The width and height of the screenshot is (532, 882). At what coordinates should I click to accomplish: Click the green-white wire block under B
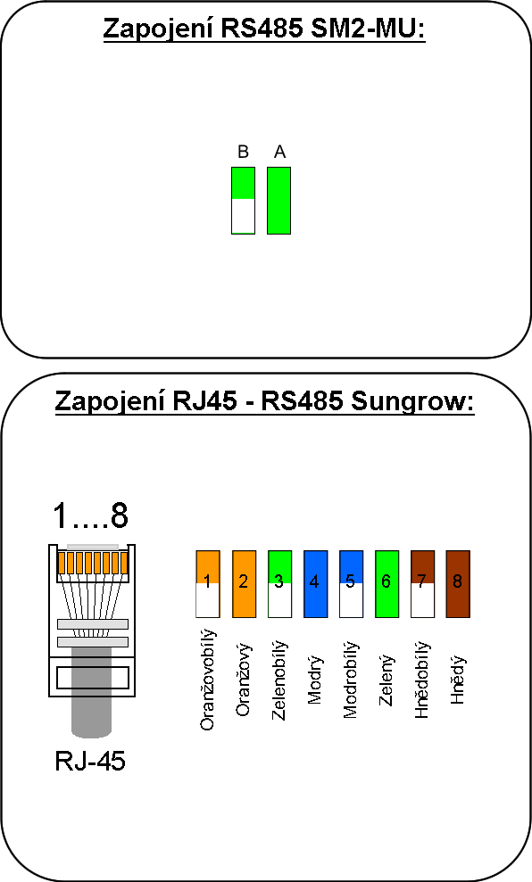coord(243,201)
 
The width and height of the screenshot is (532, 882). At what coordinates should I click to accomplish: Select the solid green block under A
coord(278,201)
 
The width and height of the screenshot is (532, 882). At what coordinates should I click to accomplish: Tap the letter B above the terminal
coord(243,152)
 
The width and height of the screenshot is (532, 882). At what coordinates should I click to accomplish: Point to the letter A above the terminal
coord(279,152)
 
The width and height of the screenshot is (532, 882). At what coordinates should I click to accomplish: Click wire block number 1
coord(208,584)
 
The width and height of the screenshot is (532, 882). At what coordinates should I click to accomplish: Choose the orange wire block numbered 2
coord(244,584)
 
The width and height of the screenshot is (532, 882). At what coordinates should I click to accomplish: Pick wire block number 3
coord(279,584)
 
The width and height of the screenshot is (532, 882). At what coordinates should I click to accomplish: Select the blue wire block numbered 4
coord(315,584)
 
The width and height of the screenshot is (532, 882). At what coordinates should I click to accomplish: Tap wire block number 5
coord(351,584)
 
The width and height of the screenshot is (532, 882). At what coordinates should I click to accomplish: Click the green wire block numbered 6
coord(387,584)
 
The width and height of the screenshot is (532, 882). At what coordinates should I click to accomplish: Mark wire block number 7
coord(422,584)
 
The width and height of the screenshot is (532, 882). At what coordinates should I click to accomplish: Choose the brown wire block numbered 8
coord(458,584)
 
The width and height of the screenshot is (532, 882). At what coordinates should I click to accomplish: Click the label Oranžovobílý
coord(208,680)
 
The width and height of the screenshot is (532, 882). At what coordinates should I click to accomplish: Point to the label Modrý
coord(315,680)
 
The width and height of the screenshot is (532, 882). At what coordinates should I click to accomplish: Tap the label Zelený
coord(387,680)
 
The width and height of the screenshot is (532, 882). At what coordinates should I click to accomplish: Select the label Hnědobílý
coord(422,680)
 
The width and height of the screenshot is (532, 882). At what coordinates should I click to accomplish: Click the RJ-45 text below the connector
coord(90,761)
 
